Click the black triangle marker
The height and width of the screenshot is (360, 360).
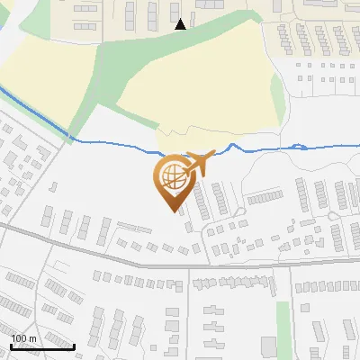pyautogui.click(x=181, y=24)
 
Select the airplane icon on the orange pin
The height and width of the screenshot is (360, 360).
pyautogui.click(x=196, y=164)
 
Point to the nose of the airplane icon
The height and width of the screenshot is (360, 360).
pyautogui.click(x=212, y=154)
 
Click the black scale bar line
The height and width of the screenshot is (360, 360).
pyautogui.click(x=42, y=346)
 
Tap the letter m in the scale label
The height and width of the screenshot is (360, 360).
pyautogui.click(x=33, y=338)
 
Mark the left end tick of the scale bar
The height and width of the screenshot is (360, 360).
pyautogui.click(x=12, y=345)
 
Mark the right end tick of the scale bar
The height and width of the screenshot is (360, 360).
pyautogui.click(x=74, y=345)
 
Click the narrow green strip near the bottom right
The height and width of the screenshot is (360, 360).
pyautogui.click(x=283, y=320)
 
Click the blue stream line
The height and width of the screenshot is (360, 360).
pyautogui.click(x=117, y=143)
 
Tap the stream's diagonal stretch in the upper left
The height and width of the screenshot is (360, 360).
pyautogui.click(x=36, y=112)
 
